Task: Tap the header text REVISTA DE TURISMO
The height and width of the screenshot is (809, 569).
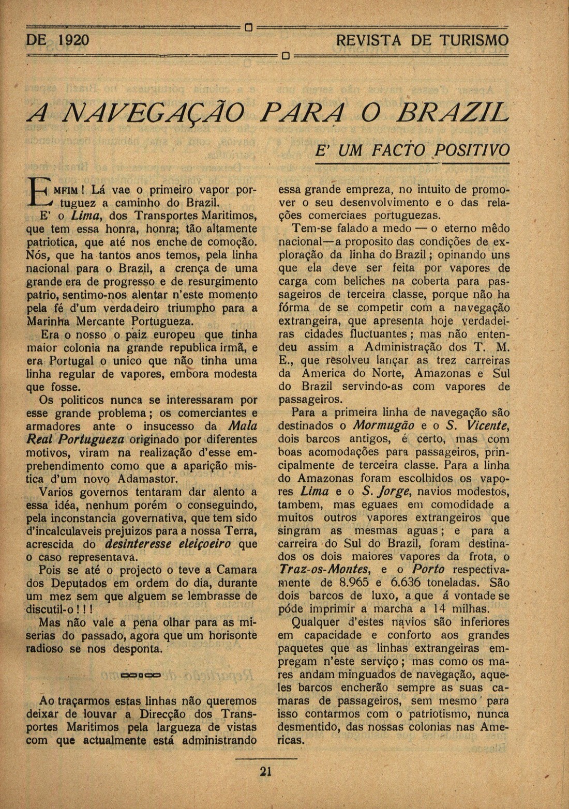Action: pyautogui.click(x=422, y=40)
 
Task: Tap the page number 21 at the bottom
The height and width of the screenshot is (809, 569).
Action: pyautogui.click(x=266, y=772)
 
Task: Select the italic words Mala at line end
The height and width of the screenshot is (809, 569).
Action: pyautogui.click(x=243, y=426)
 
